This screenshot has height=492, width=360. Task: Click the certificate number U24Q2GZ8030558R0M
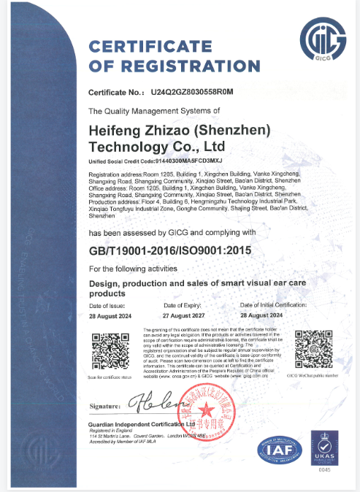pyautogui.click(x=191, y=93)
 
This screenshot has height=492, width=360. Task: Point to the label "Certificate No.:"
pyautogui.click(x=115, y=93)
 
